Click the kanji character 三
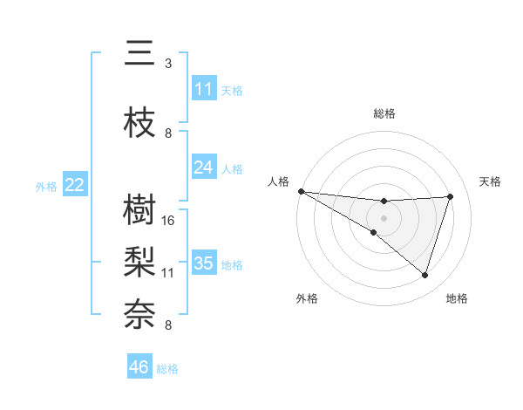pyautogui.click(x=140, y=54)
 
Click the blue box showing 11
pyautogui.click(x=204, y=89)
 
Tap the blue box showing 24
pyautogui.click(x=204, y=167)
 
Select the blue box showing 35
pyautogui.click(x=204, y=263)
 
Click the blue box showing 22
pyautogui.click(x=75, y=185)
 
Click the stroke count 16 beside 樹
pyautogui.click(x=168, y=220)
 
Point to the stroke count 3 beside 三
pyautogui.click(x=168, y=64)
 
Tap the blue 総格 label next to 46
pyautogui.click(x=168, y=369)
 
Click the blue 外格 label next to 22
pyautogui.click(x=46, y=186)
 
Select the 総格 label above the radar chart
pyautogui.click(x=384, y=113)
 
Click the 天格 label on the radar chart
pyautogui.click(x=491, y=181)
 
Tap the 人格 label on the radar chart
pyautogui.click(x=278, y=181)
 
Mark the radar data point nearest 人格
pyautogui.click(x=301, y=190)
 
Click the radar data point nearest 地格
pyautogui.click(x=425, y=276)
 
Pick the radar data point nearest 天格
pyautogui.click(x=451, y=196)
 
